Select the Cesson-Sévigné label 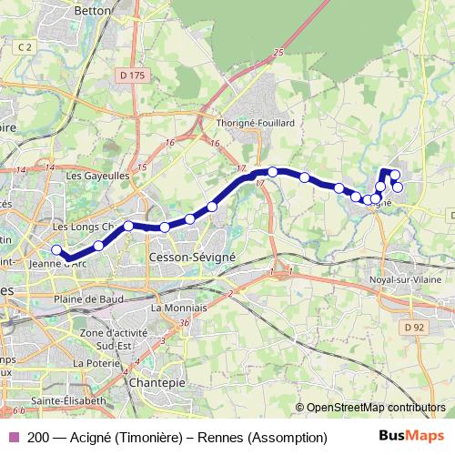191,258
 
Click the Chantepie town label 157,383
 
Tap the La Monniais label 179,308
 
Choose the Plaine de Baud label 89,298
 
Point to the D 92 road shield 414,327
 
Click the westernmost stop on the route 56,250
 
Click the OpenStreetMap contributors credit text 374,408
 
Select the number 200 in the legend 38,438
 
